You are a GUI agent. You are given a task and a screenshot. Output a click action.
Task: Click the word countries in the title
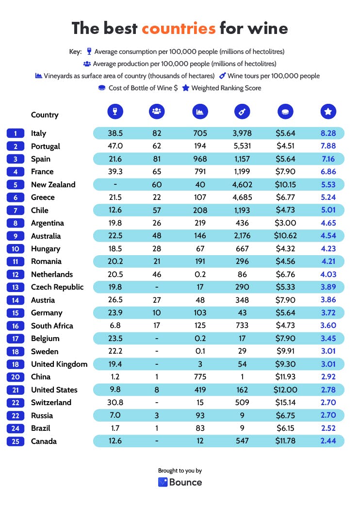pos(179,28)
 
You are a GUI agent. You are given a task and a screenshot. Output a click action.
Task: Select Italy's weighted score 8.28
pos(328,133)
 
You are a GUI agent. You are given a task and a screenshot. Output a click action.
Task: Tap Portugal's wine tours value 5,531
pos(242,146)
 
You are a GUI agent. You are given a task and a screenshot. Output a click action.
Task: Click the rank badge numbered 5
pos(16,185)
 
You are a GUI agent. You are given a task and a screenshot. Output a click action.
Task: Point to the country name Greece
pos(43,197)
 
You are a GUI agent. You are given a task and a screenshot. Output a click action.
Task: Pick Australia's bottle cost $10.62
pos(285,236)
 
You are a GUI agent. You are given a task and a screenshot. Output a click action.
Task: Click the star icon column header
pos(328,112)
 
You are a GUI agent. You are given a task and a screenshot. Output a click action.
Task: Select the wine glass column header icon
pos(115,112)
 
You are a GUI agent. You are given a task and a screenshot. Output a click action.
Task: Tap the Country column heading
pos(45,115)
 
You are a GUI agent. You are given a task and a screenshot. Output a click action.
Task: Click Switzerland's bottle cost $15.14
pos(285,403)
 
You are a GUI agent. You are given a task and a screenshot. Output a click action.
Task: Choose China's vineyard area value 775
pos(200,377)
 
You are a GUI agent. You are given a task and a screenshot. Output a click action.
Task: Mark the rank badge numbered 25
pos(16,441)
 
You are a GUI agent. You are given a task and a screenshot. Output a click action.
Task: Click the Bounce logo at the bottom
pos(180,482)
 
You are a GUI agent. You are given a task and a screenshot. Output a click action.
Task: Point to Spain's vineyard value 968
pos(200,159)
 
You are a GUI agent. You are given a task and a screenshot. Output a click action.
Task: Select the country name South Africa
pos(52,326)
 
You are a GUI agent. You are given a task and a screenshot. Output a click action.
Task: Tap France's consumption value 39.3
pos(115,172)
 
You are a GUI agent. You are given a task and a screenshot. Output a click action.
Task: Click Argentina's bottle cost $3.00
pos(285,223)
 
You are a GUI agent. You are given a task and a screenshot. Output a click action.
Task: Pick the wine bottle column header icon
pos(242,112)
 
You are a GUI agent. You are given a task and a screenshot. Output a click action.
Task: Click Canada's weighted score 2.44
pos(328,441)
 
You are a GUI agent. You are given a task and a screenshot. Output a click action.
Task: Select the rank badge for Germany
pos(16,313)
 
